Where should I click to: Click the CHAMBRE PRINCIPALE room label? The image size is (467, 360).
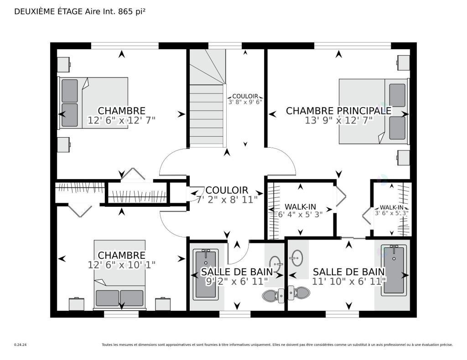(339, 111)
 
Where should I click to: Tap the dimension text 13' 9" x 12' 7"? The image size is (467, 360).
(339, 120)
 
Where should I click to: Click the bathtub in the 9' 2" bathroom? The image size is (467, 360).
(206, 274)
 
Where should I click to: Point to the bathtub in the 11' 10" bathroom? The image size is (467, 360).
(394, 270)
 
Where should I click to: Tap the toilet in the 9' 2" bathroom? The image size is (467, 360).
(273, 295)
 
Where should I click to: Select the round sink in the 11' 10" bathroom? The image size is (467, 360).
(296, 257)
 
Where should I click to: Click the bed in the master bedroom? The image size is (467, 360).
(373, 112)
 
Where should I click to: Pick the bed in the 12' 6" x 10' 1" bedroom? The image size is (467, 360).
(120, 274)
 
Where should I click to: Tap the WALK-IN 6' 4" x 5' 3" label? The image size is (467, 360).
(300, 211)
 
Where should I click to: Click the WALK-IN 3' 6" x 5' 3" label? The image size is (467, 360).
(391, 210)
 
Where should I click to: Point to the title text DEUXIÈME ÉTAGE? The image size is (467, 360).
(48, 11)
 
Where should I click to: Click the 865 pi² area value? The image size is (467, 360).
(132, 11)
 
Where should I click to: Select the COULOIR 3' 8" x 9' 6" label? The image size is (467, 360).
(245, 99)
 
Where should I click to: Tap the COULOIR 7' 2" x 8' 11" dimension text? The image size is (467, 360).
(227, 200)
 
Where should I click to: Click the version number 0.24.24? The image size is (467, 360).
(21, 345)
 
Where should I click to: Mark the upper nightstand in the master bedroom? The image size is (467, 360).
(404, 62)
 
